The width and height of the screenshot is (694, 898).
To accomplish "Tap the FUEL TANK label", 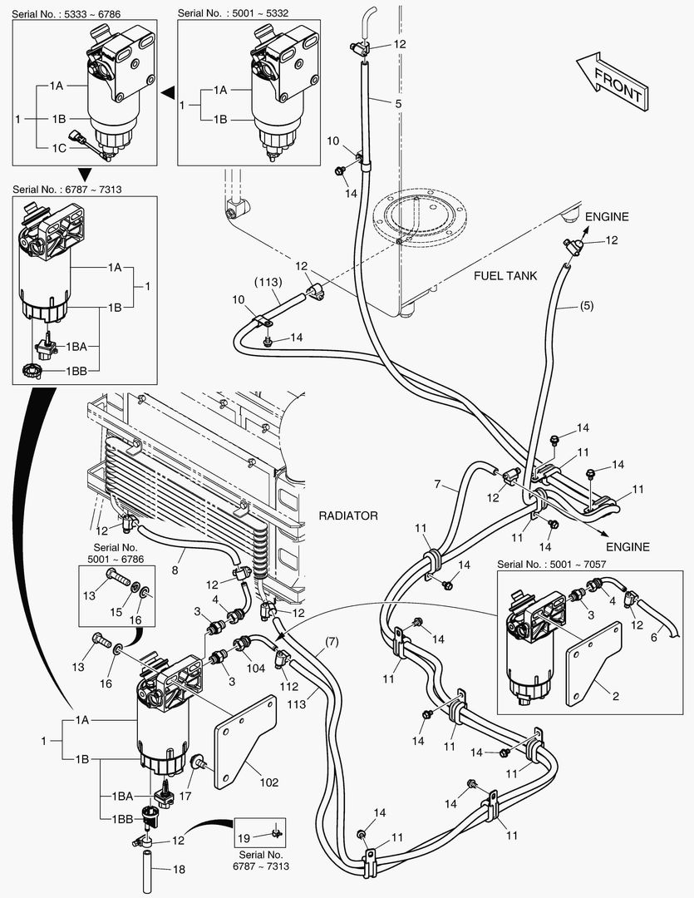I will [x=506, y=275].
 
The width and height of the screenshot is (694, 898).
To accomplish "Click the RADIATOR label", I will [x=348, y=516].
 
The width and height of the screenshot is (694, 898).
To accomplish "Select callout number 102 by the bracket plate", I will [x=268, y=782].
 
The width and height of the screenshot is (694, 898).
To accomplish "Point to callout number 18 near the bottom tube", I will [x=180, y=869].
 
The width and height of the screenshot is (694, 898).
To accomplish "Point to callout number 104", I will [x=255, y=667].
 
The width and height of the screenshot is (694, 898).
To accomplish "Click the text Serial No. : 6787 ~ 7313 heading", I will [x=67, y=189].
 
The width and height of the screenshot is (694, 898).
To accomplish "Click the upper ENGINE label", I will [x=606, y=217].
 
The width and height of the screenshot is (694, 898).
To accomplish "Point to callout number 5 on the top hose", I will [x=376, y=103].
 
